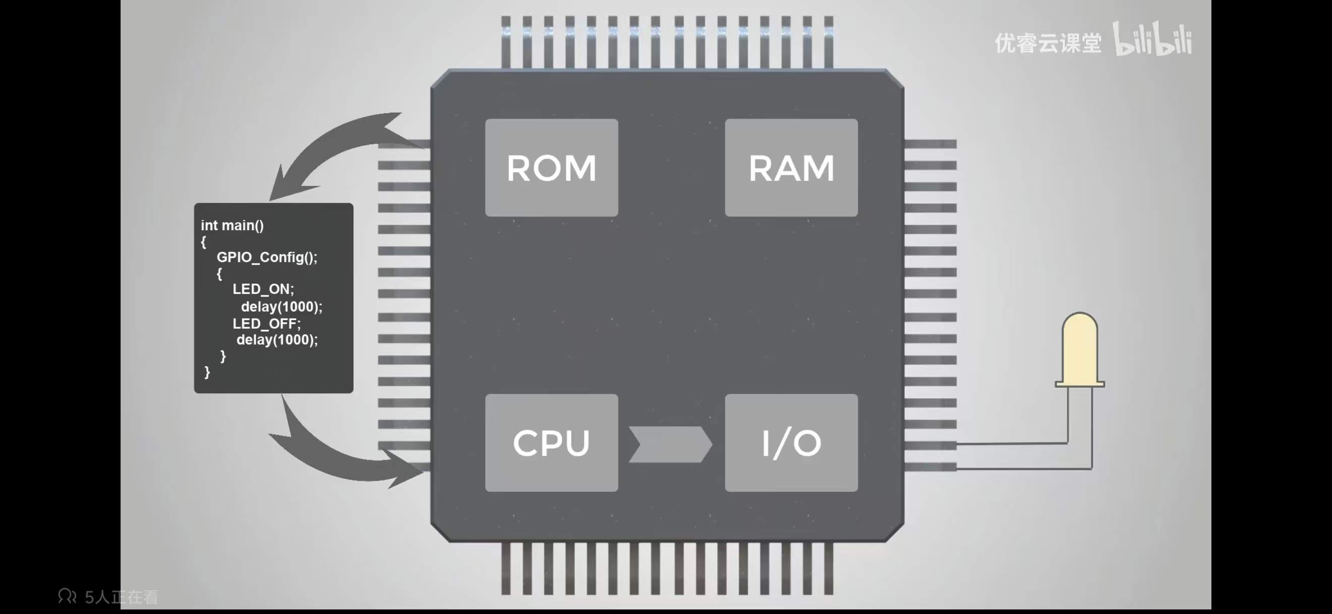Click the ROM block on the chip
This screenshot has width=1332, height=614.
[551, 168]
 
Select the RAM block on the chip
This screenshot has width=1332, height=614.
[791, 168]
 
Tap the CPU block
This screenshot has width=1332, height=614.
[551, 443]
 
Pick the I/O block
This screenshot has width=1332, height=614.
[791, 443]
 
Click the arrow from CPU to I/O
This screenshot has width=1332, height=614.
[670, 444]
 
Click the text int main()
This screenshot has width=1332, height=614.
[232, 226]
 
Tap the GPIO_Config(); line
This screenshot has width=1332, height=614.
[267, 257]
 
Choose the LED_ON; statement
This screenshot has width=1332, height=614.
[263, 289]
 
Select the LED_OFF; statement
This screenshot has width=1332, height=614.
[266, 323]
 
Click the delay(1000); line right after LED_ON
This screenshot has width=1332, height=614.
[282, 306]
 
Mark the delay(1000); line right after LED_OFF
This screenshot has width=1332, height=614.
[277, 339]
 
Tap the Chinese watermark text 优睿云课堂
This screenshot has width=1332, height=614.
[1047, 43]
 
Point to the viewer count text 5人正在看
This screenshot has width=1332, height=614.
[122, 597]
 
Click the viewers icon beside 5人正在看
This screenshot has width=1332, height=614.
[67, 596]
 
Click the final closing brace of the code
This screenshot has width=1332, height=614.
[207, 372]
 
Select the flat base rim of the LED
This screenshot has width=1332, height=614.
[1080, 384]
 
